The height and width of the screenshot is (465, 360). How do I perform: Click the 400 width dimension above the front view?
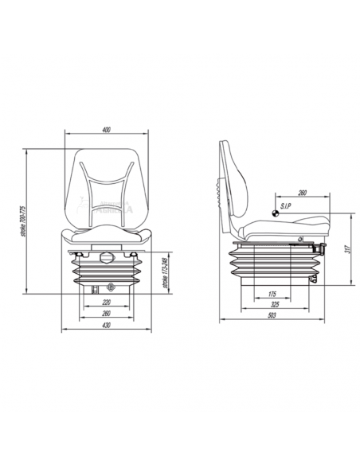107,130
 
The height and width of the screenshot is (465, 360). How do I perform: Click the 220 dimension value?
108,303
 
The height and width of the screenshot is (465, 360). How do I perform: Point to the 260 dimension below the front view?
108,314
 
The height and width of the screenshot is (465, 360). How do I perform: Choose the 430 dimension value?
108,325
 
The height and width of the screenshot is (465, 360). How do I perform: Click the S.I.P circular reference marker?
274,212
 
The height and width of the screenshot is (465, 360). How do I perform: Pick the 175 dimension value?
272,295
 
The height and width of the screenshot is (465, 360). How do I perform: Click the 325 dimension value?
274,305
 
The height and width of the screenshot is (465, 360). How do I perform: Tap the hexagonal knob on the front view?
108,256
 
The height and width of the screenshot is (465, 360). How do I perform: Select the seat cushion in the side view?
279,227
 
